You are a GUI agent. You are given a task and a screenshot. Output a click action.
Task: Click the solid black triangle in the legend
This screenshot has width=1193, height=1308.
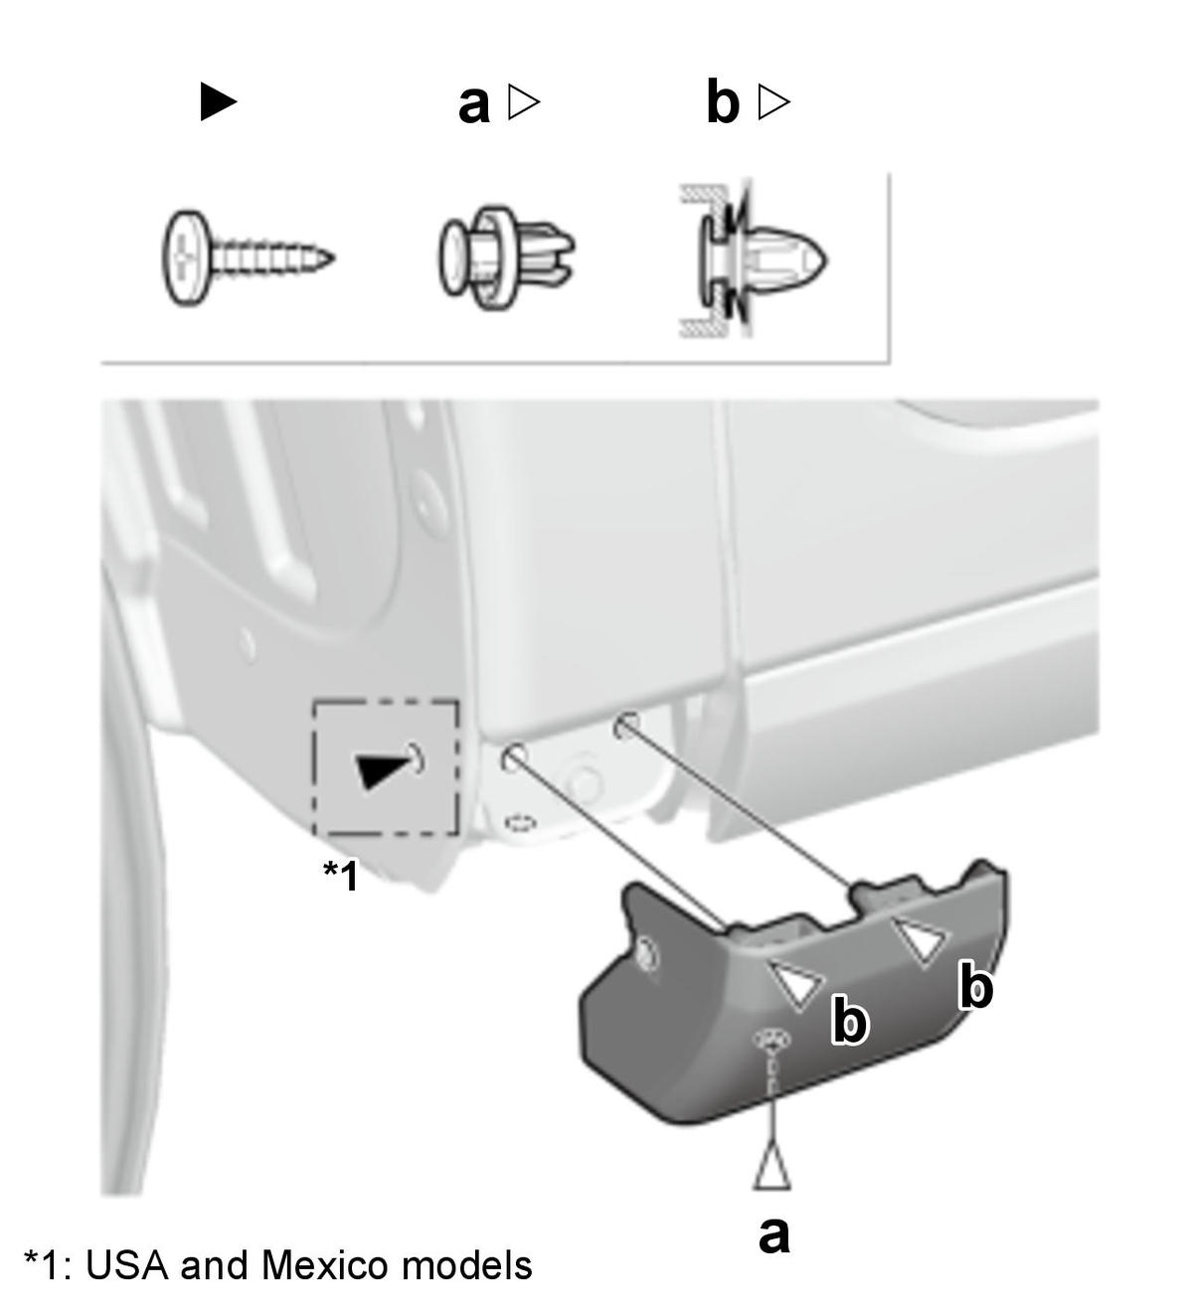218,101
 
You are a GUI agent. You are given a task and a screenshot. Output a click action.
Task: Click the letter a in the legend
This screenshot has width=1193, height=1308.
473,103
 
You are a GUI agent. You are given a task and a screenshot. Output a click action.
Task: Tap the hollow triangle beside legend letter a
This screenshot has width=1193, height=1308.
524,101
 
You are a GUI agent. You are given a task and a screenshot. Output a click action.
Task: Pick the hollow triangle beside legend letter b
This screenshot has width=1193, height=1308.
774,101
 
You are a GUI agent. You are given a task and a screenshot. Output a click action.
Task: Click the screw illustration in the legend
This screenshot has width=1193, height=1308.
248,257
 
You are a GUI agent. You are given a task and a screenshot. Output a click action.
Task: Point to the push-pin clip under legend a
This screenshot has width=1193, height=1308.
506,258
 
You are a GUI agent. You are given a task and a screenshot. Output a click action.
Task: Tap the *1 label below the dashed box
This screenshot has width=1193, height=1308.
340,875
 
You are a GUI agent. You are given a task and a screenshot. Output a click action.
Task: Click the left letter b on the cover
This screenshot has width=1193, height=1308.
849,1022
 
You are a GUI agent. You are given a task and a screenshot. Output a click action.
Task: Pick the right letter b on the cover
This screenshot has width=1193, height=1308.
975,987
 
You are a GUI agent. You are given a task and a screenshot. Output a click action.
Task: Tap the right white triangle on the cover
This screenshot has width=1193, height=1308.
922,939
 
